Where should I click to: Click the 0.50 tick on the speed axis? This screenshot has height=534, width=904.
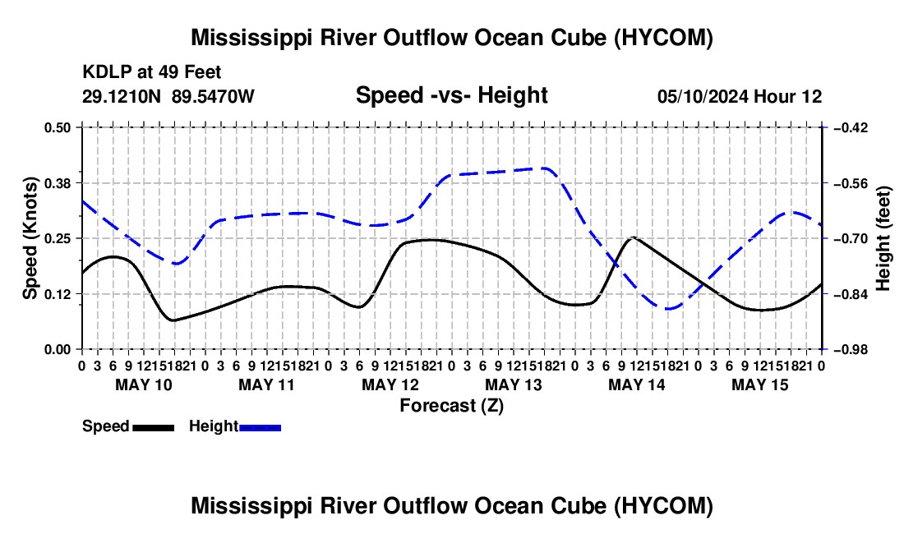tap(57, 127)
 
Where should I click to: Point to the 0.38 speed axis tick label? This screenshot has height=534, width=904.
tap(57, 183)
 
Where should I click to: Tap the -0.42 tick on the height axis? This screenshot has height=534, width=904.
tap(850, 127)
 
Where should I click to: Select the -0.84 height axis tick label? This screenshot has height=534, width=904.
tap(850, 294)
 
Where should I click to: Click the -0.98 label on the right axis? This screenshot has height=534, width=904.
tap(850, 350)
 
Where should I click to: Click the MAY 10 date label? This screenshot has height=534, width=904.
tap(144, 384)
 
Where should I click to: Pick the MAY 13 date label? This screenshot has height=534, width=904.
tap(514, 384)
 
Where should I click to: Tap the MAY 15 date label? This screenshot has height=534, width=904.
tap(760, 384)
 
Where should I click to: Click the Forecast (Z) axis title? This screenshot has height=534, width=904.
tap(451, 406)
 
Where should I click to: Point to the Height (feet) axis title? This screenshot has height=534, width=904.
tap(883, 238)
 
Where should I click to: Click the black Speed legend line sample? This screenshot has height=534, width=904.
tap(154, 428)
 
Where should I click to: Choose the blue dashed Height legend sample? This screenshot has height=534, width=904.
tap(260, 428)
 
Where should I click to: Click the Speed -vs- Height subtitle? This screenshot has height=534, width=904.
tap(451, 95)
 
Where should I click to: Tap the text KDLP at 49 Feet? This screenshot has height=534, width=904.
tap(152, 72)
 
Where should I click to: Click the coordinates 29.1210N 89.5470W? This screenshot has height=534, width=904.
tap(168, 96)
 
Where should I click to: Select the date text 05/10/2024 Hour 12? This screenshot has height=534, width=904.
tap(740, 96)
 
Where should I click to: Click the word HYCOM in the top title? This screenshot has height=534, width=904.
tap(663, 38)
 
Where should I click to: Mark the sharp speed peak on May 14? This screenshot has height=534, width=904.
tap(634, 237)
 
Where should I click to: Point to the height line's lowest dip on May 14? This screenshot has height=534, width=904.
tap(668, 309)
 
